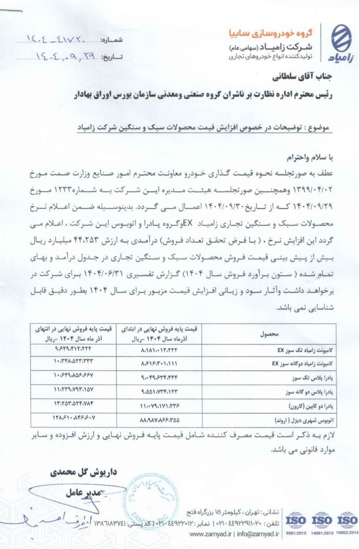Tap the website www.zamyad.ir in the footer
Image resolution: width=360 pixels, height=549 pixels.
click(x=210, y=534)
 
